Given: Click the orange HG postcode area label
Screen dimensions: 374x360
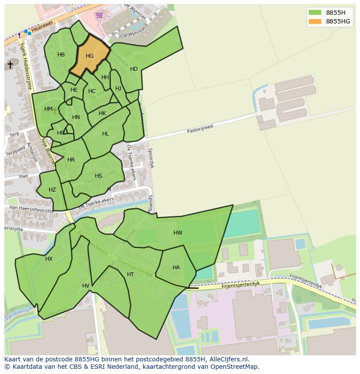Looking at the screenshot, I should click(x=90, y=56).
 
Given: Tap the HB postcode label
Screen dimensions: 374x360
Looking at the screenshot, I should click(x=61, y=55).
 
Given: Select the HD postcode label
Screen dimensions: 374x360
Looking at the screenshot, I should click(x=133, y=69).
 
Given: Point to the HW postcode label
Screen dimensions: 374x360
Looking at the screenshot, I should click(x=178, y=233).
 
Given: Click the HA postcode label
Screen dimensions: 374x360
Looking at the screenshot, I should click(x=176, y=268).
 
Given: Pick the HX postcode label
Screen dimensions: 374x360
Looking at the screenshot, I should click(x=49, y=259).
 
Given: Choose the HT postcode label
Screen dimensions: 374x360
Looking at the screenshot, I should click(x=130, y=275).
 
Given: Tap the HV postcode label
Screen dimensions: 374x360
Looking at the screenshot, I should click(x=86, y=285).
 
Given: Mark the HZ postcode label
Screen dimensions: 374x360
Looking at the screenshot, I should click(x=52, y=190).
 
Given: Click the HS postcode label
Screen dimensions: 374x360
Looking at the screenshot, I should click(x=98, y=176).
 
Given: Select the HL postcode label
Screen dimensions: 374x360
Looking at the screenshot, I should click(x=106, y=134).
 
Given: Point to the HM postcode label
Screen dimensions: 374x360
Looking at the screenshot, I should click(x=48, y=109).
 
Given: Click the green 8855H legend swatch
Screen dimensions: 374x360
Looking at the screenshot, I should click(x=315, y=12).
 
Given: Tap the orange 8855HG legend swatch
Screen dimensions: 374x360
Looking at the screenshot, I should click(x=315, y=21).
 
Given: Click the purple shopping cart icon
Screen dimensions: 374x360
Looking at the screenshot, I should click(x=100, y=15).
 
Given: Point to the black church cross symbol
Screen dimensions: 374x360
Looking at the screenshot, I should click(x=10, y=65).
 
